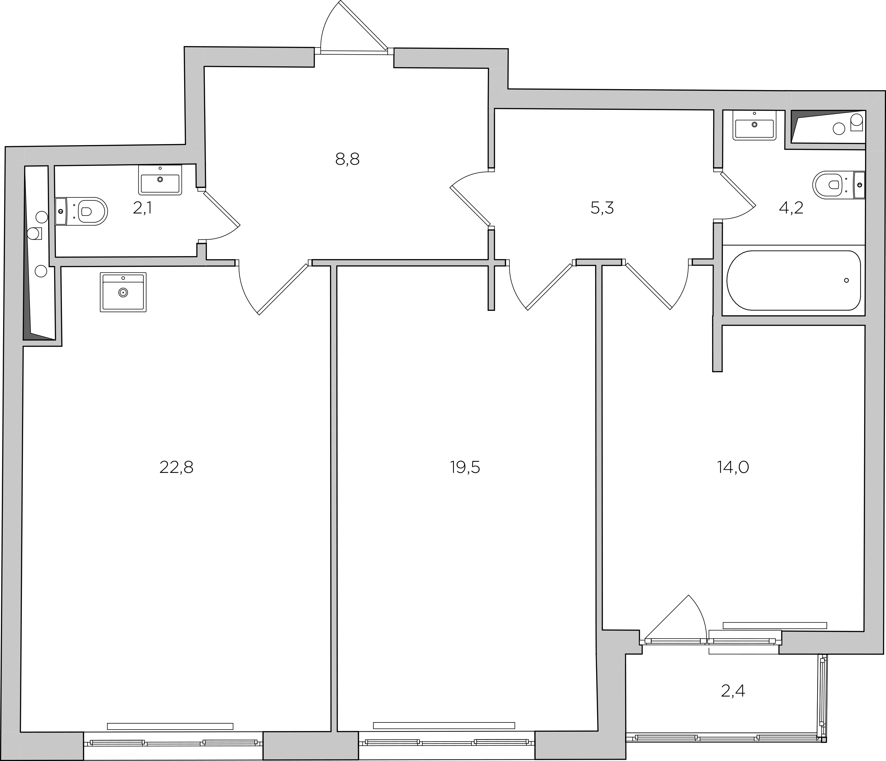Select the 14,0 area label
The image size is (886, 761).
coord(733,468)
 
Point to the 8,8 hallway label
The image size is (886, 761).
coord(347,159)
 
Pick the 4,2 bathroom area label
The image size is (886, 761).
coord(791,208)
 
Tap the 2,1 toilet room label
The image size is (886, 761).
coord(142,208)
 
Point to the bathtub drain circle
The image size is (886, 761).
coord(846,281)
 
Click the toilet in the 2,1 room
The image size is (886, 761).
coord(81,211)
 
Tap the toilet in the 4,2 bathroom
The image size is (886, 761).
coord(839,185)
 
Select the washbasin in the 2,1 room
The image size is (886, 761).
coord(160,180)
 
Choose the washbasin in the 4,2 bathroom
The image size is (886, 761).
coord(754,125)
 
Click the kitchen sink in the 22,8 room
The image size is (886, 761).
coord(123,292)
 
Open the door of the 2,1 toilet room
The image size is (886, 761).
coord(221,208)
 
